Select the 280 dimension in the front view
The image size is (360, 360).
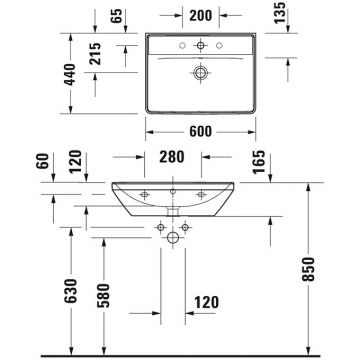click(x=172, y=158)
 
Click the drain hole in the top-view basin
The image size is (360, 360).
click(x=203, y=73)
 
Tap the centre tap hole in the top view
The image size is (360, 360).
click(x=203, y=45)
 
